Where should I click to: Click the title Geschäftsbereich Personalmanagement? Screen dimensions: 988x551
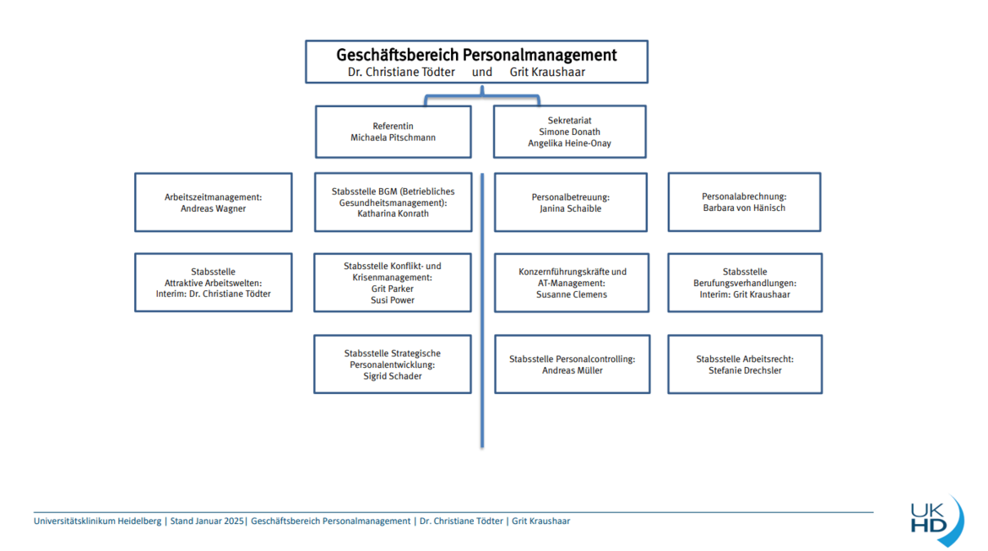[x=476, y=55]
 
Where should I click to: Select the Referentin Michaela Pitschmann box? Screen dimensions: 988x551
[x=394, y=132]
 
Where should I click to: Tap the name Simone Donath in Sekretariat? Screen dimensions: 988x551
[x=570, y=132]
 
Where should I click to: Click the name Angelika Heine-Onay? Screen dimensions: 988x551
[x=570, y=143]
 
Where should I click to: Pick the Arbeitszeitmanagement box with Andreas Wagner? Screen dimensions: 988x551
[x=213, y=203]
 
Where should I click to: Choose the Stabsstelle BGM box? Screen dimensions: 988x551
[x=394, y=203]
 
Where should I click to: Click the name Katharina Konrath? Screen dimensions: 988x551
[x=394, y=213]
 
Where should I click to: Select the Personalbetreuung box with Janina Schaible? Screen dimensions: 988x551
[x=571, y=203]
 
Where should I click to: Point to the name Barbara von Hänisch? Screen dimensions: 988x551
[x=744, y=208]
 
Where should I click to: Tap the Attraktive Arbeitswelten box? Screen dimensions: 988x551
[x=213, y=283]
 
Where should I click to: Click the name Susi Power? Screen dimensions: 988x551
[x=393, y=300]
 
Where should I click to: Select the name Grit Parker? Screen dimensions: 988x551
[x=393, y=289]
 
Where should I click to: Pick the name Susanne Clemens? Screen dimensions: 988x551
[x=572, y=294]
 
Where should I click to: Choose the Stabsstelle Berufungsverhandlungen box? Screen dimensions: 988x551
[x=745, y=283]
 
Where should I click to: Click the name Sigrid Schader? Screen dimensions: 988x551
[x=393, y=376]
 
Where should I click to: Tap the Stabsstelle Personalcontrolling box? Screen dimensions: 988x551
[x=573, y=365]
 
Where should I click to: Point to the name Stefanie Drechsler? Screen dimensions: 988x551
[x=745, y=370]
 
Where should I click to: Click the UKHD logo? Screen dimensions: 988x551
[x=936, y=520]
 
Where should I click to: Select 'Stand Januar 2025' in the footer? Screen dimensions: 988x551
[x=207, y=521]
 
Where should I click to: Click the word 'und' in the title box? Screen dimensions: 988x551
[x=482, y=72]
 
